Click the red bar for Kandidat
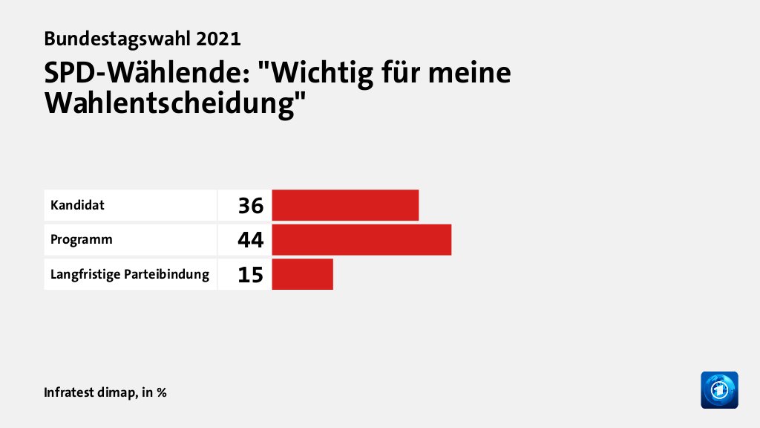[345, 205]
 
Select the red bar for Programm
[361, 240]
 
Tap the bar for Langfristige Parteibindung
[302, 274]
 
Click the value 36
[251, 206]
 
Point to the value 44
[251, 240]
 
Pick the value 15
[251, 275]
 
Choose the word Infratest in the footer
[71, 392]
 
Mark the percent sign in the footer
[161, 392]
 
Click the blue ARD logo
[719, 389]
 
